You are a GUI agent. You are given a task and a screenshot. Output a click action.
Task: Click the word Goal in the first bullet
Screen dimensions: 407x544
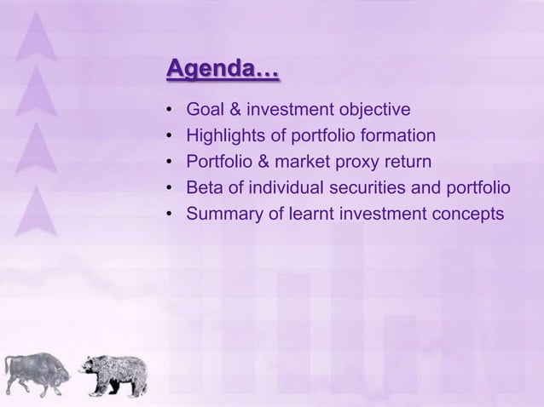(x=205, y=110)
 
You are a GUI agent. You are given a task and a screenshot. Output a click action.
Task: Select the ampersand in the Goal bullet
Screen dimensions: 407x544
(x=234, y=110)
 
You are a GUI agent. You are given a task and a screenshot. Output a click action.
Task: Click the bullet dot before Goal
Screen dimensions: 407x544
(x=171, y=111)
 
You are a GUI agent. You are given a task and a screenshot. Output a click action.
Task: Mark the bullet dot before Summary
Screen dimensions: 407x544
(x=171, y=214)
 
